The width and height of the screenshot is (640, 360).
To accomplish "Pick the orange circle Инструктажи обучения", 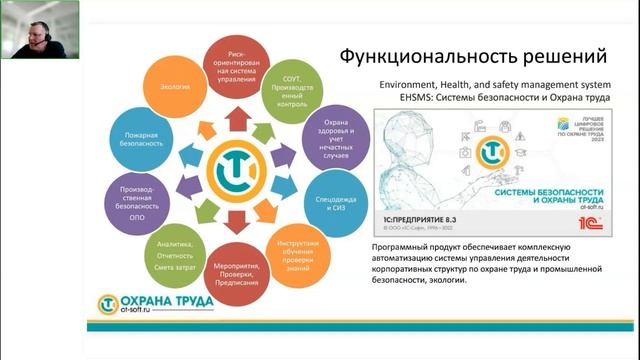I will pos(298,251).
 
